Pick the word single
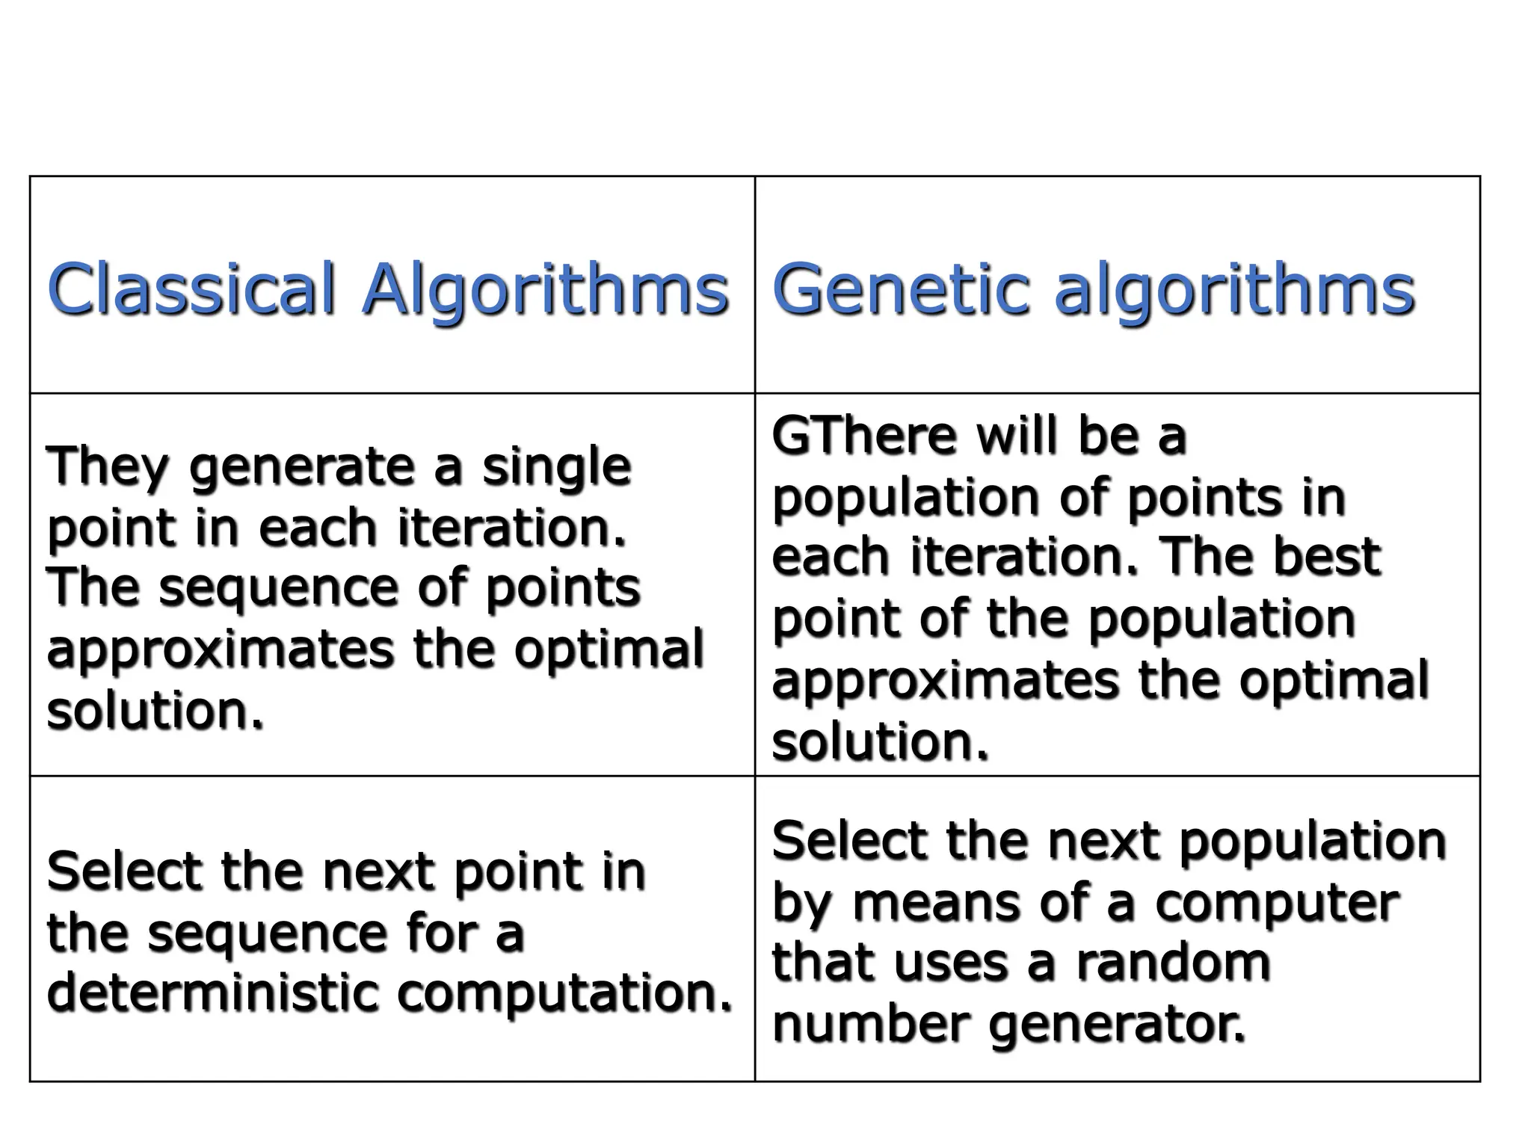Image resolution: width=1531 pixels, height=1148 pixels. pos(556,467)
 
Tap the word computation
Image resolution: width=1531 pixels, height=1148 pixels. pos(564,994)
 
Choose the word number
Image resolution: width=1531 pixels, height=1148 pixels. pos(871,1023)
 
